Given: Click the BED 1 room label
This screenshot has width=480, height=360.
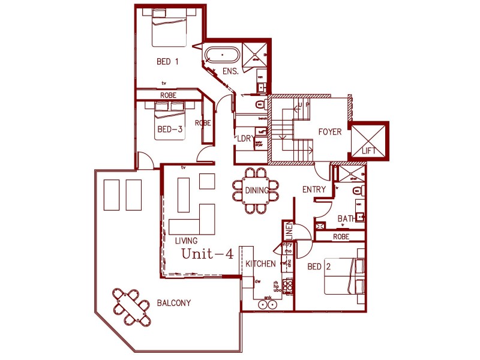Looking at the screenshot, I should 167,61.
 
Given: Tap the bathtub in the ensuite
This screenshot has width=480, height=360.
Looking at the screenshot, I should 223,56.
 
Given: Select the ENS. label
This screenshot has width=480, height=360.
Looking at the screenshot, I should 230,71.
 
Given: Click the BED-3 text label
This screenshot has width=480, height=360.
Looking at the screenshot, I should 170,129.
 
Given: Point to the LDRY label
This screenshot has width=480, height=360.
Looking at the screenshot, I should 245,139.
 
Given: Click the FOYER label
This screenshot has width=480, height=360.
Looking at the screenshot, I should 329,132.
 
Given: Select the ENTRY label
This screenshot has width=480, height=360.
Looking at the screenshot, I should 314,190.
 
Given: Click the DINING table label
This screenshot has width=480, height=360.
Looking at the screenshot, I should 257,191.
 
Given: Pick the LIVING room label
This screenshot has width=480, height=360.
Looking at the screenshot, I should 186,241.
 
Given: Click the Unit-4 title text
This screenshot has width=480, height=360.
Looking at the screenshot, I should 208,254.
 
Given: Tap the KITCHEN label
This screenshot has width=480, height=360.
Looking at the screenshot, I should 260,264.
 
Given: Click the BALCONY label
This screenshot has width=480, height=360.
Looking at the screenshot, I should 173,303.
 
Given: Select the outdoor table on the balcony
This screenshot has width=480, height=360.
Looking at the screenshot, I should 131,306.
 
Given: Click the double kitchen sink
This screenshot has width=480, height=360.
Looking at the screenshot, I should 268,305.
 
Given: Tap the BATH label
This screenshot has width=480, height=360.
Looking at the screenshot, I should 347,218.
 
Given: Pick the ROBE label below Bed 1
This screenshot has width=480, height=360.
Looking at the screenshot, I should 168,95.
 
